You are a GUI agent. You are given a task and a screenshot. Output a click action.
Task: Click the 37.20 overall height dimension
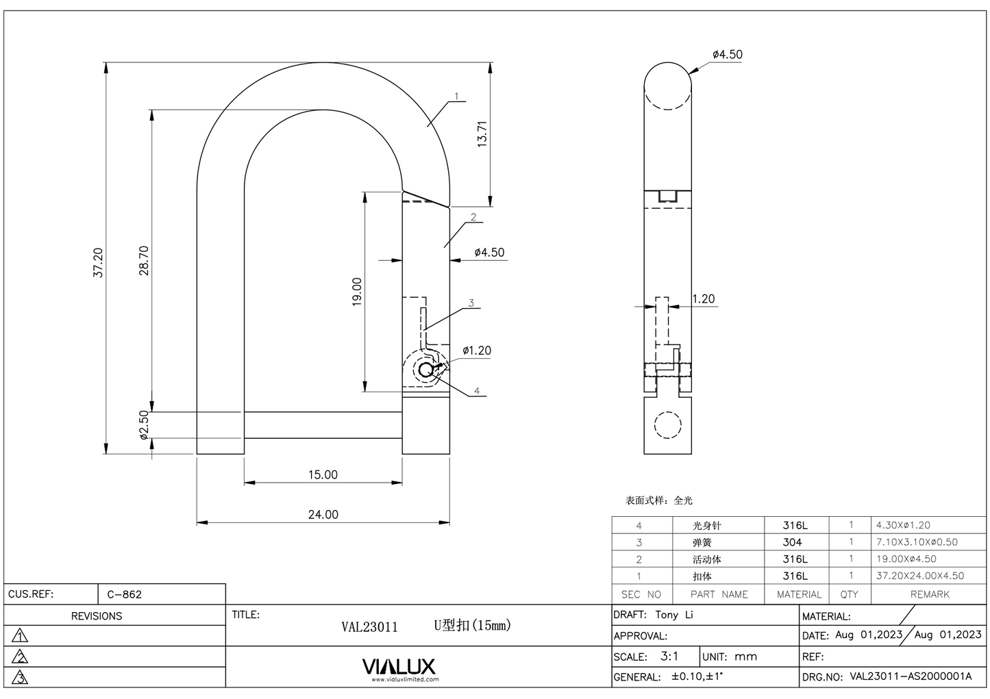[99, 262]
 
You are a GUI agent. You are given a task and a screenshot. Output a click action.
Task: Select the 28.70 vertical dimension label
[144, 260]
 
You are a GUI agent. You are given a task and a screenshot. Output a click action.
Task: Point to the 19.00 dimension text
[356, 292]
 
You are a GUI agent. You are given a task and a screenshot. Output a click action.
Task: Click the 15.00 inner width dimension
[322, 474]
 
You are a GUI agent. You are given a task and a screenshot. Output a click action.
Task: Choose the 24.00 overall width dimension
[322, 514]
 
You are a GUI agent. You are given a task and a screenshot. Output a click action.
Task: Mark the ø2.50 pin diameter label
[143, 424]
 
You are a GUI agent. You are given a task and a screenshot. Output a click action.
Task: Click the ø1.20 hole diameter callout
[476, 351]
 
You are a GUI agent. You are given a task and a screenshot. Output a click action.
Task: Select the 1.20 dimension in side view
[703, 298]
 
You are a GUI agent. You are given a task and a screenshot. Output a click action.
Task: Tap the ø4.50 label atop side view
[727, 54]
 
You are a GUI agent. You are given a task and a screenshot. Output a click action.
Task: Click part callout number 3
[471, 303]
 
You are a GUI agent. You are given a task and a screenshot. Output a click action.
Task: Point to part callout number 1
[456, 97]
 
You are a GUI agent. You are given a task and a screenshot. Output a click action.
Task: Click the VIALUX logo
[398, 667]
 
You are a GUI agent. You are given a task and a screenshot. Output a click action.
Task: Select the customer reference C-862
[125, 594]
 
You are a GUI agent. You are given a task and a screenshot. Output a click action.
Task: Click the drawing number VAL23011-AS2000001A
[911, 676]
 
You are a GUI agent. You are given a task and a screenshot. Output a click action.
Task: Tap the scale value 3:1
[669, 656]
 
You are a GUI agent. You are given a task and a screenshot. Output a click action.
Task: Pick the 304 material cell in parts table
[792, 542]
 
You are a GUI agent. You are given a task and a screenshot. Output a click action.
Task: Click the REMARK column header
[930, 594]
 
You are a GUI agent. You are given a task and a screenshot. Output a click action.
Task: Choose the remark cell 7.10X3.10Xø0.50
[917, 542]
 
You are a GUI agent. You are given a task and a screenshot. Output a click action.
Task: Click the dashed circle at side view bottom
[667, 424]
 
